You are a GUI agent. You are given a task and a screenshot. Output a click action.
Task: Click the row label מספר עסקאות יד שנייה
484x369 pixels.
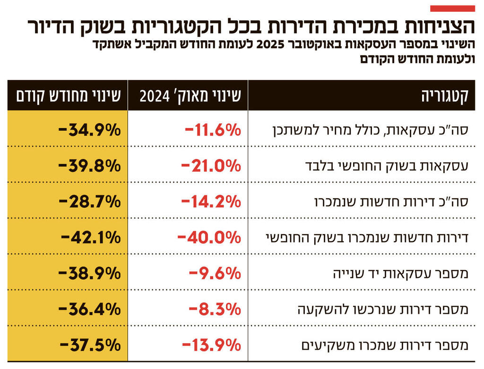coord(402,273)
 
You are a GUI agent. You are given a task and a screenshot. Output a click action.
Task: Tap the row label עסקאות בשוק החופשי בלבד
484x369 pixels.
coord(392,166)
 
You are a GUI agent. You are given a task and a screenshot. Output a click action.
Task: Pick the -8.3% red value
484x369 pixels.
coord(215,309)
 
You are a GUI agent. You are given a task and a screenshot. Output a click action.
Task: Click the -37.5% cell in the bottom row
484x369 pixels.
coord(90,345)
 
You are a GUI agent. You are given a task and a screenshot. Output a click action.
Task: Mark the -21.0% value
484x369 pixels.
coord(211,166)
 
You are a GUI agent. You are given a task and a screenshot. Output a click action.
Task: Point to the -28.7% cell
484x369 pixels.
coord(90,202)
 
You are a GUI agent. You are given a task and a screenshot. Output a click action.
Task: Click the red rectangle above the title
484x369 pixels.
coord(452,8)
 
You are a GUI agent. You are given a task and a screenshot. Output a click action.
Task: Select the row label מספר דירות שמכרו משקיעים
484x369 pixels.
coord(385,345)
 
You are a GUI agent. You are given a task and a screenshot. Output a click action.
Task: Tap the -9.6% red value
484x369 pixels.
coord(215,273)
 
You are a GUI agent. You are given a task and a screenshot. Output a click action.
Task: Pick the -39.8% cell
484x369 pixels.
coord(90,166)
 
